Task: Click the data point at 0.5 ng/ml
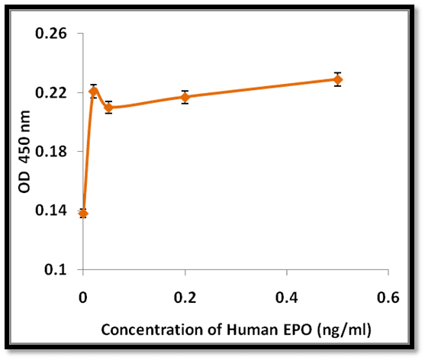(338, 79)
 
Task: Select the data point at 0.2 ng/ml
(185, 98)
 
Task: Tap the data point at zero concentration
(83, 214)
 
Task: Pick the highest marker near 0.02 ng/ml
(94, 92)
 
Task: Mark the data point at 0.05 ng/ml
(108, 108)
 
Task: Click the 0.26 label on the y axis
(51, 34)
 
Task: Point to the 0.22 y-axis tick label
(51, 92)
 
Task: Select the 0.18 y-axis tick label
(51, 152)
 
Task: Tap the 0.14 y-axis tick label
(51, 211)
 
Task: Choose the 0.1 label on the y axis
(56, 269)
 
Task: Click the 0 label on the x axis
(83, 297)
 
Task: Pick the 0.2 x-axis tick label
(185, 297)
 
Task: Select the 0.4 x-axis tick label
(286, 297)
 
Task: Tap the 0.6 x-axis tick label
(388, 297)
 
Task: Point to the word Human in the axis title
(253, 330)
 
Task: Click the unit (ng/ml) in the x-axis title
(344, 331)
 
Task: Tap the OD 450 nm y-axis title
(24, 152)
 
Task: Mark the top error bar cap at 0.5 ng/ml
(338, 72)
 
